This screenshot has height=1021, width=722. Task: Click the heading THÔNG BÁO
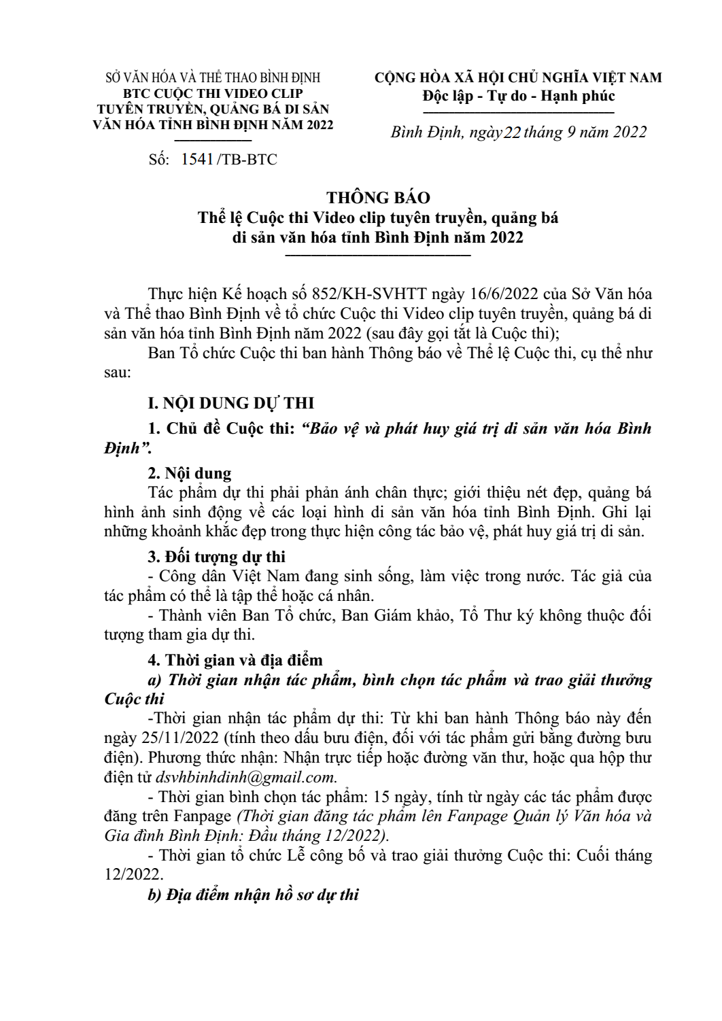[x=378, y=198]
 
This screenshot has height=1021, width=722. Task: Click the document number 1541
[x=197, y=160]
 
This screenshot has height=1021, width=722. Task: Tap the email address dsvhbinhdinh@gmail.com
[x=245, y=777]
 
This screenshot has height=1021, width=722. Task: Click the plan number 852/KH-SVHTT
[x=368, y=294]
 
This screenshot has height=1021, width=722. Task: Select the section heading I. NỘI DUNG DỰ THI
[x=231, y=403]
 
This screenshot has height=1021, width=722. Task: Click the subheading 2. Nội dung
[x=190, y=473]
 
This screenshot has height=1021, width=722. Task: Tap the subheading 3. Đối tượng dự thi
[x=217, y=557]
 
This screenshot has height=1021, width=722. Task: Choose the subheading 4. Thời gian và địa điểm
[x=235, y=660]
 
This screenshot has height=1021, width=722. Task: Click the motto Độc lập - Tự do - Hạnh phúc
[x=519, y=96]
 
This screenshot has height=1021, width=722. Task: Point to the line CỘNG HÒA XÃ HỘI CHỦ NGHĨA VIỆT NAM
[x=518, y=77]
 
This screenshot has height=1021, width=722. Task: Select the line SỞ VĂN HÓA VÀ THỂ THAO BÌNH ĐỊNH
[x=213, y=78]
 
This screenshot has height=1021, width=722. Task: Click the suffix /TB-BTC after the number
[x=246, y=160]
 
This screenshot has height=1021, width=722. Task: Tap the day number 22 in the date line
[x=511, y=133]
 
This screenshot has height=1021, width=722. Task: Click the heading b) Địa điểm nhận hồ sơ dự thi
[x=254, y=895]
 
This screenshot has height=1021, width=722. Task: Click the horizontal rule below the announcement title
[x=378, y=256]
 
